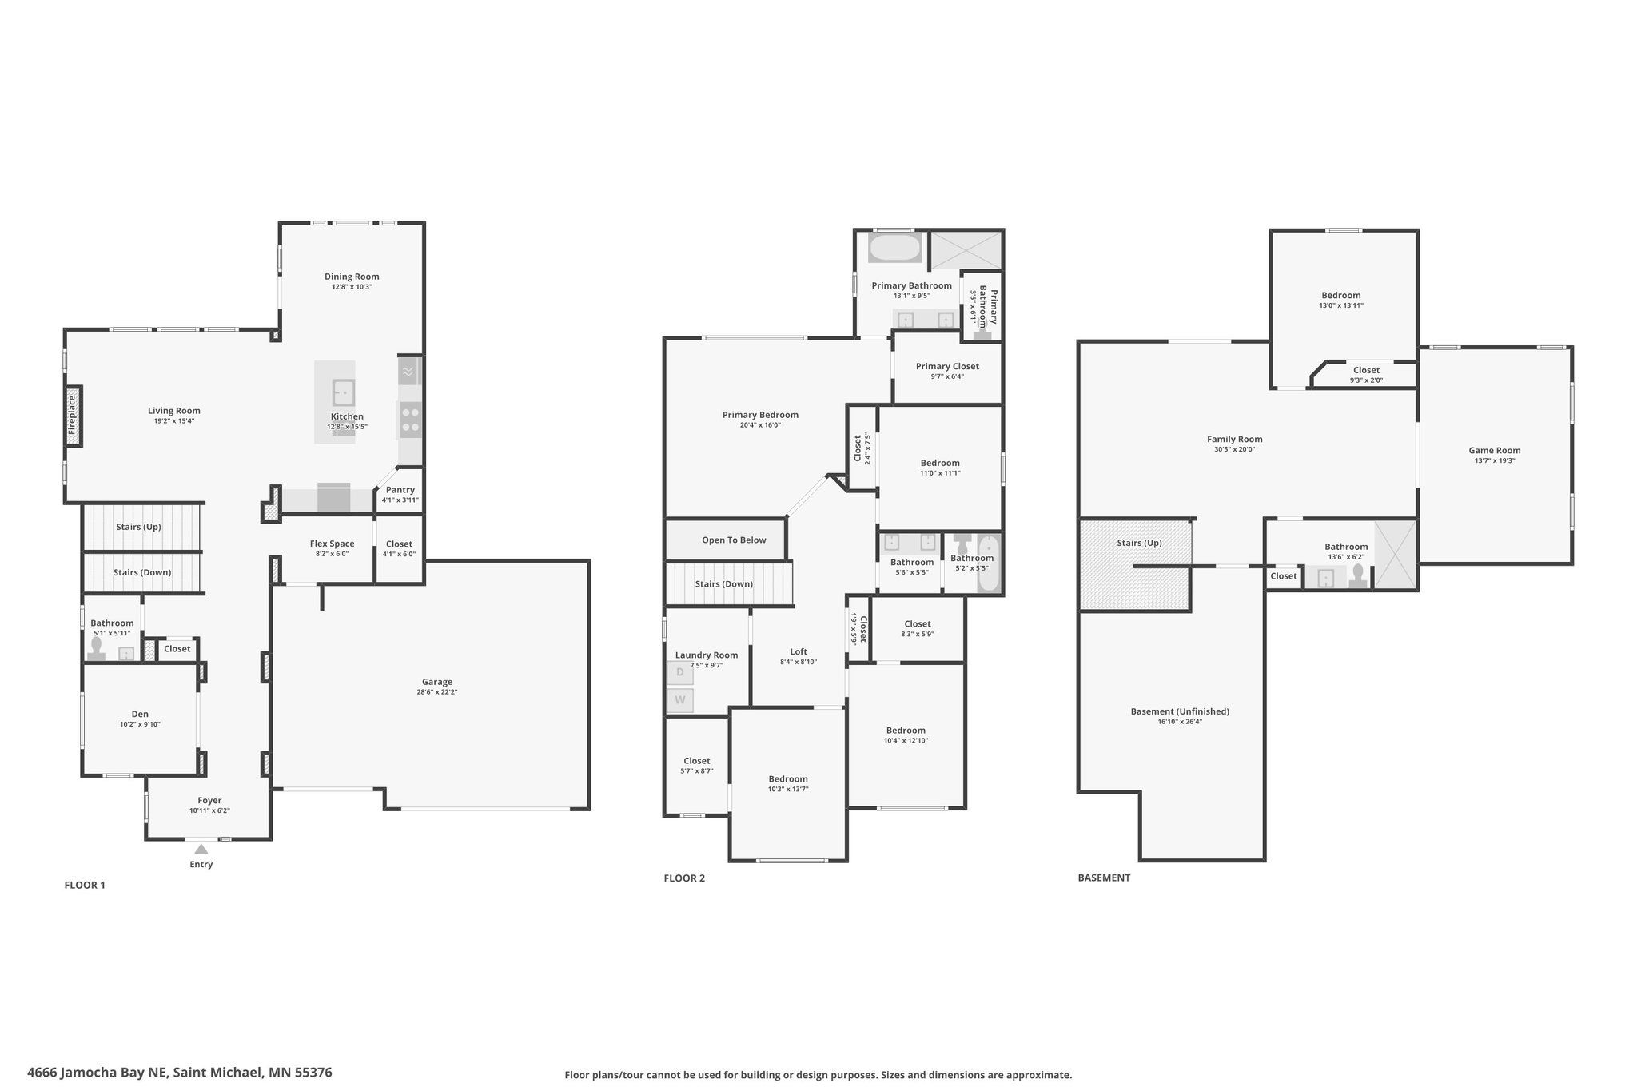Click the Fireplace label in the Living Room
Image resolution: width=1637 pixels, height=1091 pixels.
click(72, 416)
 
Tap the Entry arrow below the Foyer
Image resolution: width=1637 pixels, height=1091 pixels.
click(201, 849)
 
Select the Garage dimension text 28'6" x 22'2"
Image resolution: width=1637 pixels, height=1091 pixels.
click(437, 692)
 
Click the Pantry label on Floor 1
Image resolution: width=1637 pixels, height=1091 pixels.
click(400, 490)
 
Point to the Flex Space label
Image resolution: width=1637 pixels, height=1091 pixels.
click(332, 544)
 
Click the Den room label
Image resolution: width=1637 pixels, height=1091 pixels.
click(140, 715)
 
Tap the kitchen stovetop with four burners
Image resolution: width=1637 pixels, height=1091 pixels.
click(410, 420)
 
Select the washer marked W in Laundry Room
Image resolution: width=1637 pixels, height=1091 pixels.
click(680, 700)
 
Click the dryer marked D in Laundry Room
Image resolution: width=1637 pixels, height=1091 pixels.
click(680, 672)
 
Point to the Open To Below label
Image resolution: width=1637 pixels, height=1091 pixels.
click(734, 540)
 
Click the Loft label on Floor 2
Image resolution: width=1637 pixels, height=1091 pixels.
click(799, 651)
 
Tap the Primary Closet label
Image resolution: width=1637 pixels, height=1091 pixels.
click(947, 367)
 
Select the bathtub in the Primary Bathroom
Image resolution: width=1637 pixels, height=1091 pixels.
click(895, 248)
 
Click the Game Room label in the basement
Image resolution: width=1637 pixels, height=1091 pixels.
click(1495, 451)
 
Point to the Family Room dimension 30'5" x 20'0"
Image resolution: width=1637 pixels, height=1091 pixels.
click(1235, 449)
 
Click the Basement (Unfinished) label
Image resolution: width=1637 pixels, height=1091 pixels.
click(1180, 711)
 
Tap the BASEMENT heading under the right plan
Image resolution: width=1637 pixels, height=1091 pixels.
click(1104, 878)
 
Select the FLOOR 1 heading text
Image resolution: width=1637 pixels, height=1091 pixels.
click(85, 885)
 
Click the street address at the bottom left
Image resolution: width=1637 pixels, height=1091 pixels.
click(180, 1073)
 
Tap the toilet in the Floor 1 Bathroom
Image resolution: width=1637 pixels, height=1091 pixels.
click(97, 648)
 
